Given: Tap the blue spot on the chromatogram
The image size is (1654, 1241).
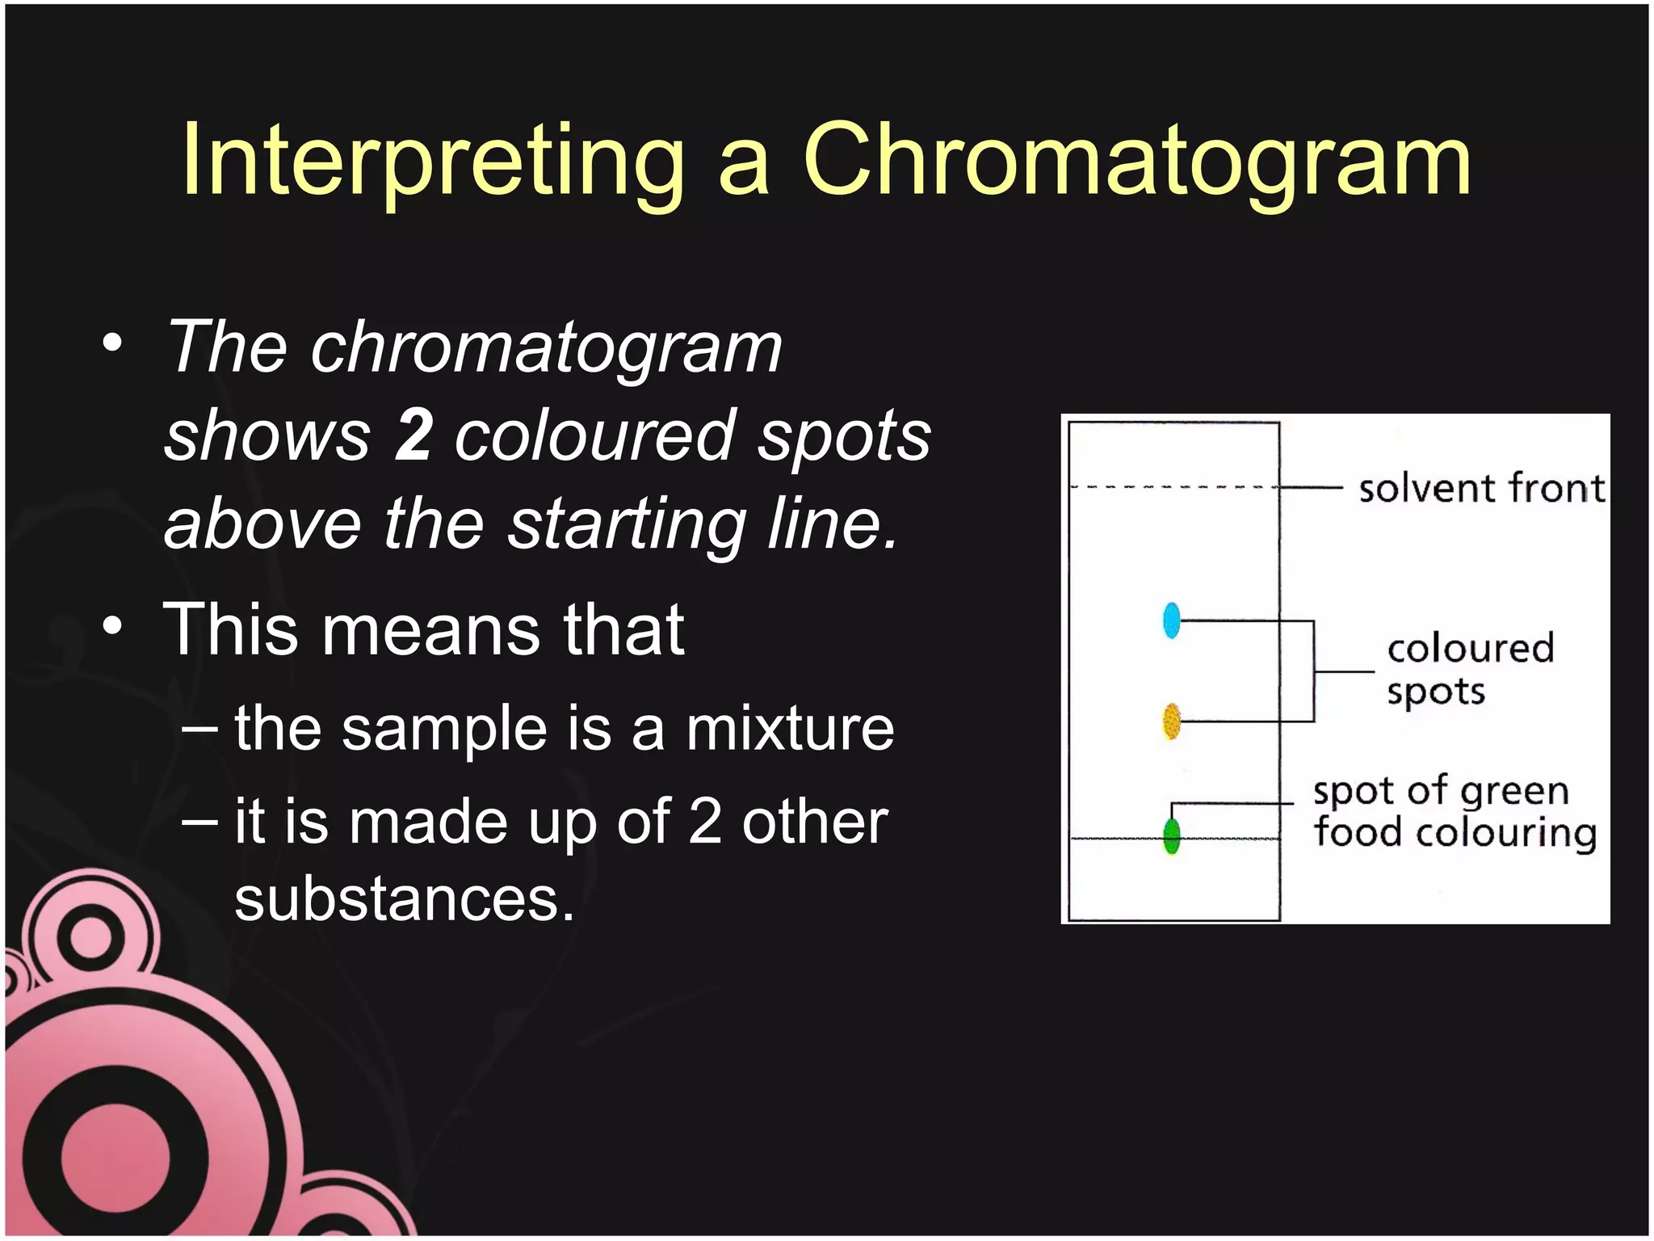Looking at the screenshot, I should click(x=1172, y=620).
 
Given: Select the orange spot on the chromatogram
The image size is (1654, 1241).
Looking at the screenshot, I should click(x=1172, y=721).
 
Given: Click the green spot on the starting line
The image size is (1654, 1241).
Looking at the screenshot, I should click(x=1172, y=836).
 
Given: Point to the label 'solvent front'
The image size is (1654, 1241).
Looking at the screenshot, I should click(x=1481, y=489).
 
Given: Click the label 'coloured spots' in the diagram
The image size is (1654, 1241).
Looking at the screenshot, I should click(x=1470, y=670).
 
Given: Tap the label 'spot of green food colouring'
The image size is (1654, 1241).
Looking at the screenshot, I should click(x=1454, y=811).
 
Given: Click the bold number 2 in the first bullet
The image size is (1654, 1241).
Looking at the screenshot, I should click(x=413, y=435).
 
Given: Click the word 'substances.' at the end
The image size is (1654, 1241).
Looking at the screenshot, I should click(x=404, y=898).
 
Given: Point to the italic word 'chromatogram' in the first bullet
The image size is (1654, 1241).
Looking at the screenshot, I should click(x=547, y=347).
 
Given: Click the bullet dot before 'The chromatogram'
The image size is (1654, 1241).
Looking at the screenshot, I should click(x=113, y=343).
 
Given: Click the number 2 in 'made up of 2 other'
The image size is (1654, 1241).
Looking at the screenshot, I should click(x=705, y=822).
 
